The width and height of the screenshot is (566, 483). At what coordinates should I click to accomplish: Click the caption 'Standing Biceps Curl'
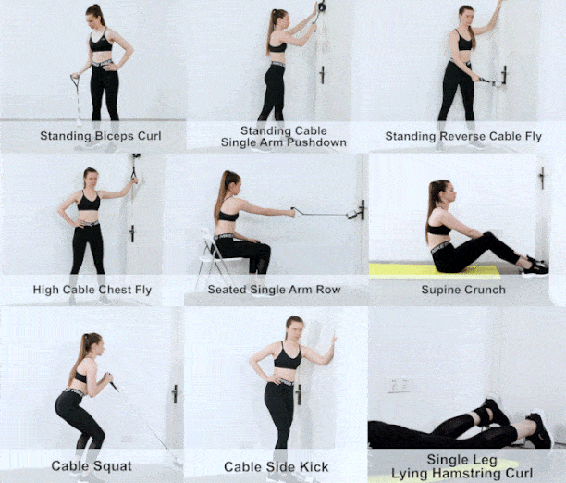coord(100,136)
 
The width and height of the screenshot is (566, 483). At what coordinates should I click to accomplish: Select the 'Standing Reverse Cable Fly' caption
coord(462,137)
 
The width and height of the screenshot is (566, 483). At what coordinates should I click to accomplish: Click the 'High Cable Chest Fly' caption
coord(92,290)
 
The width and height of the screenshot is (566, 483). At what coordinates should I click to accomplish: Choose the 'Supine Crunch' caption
coord(462,290)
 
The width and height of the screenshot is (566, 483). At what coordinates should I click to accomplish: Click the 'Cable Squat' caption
coord(92,465)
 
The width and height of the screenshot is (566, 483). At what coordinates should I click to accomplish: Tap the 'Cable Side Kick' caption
coord(277,465)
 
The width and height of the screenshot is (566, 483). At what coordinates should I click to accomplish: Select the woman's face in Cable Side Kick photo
coord(295,328)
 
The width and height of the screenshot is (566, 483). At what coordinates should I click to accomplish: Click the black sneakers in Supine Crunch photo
coord(535,266)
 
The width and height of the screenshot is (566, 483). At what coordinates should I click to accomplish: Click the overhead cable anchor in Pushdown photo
coord(321,7)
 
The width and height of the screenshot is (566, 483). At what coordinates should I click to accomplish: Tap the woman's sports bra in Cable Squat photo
coord(81,378)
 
